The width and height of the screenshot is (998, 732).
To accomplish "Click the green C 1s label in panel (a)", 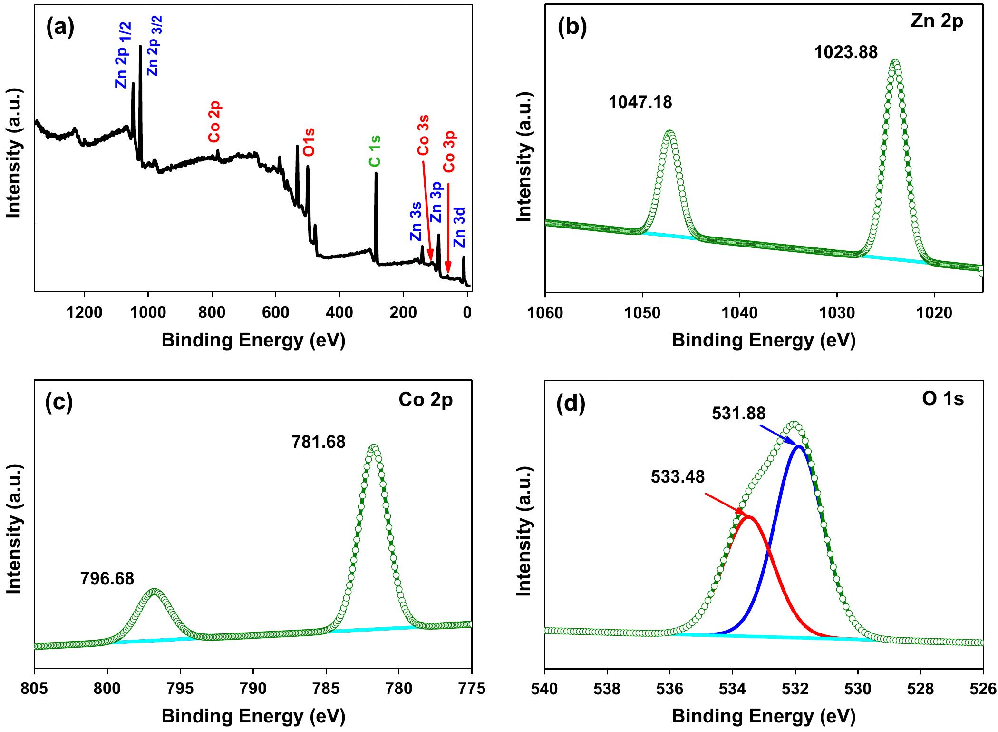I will coord(375,151).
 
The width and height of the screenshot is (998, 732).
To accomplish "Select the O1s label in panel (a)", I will coord(309,142).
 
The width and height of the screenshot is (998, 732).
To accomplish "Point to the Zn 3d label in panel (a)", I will coord(460,227).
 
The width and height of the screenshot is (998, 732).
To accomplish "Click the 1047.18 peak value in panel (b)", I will coord(640,102).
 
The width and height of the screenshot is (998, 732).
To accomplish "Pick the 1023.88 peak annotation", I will coord(846,52).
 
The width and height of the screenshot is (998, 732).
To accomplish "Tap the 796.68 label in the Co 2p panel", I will coord(107,579).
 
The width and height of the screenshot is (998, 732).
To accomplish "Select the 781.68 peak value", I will coord(318,443).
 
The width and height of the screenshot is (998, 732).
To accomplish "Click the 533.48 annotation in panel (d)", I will coord(678,477).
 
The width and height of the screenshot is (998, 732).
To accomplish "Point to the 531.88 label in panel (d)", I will coord(738,414).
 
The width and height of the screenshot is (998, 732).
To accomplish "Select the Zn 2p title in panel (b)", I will coord(936,22).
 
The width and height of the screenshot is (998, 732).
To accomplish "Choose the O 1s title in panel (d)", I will coord(942,399).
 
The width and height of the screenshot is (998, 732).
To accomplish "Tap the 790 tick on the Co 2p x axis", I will coord(253,689).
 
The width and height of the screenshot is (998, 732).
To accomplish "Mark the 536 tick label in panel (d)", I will coord(670,689).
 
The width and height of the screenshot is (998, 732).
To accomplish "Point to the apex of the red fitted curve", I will coord(749,517).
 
